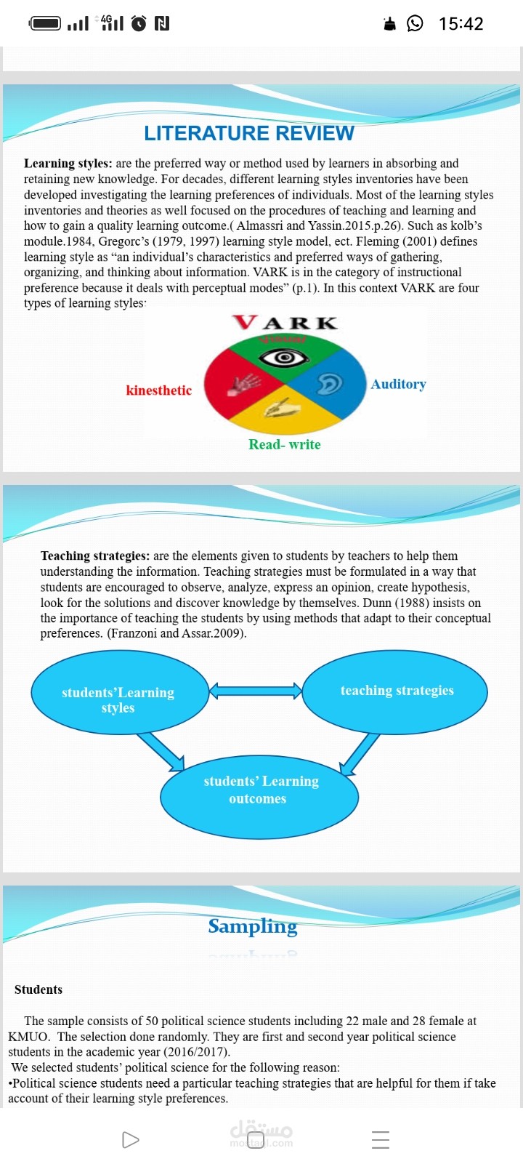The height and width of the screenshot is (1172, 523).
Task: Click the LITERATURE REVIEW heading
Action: pyautogui.click(x=249, y=134)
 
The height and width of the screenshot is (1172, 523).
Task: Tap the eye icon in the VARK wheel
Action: pyautogui.click(x=284, y=358)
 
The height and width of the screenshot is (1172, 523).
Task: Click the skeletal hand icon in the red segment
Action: pyautogui.click(x=244, y=384)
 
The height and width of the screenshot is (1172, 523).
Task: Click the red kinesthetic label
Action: pyautogui.click(x=159, y=390)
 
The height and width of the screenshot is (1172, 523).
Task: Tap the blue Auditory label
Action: pyautogui.click(x=399, y=385)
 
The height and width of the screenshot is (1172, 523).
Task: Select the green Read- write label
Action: pyautogui.click(x=285, y=444)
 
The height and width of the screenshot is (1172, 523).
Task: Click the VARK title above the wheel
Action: pyautogui.click(x=285, y=323)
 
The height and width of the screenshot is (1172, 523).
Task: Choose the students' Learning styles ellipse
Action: pyautogui.click(x=120, y=692)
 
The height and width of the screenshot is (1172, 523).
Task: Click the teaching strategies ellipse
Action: pyautogui.click(x=395, y=691)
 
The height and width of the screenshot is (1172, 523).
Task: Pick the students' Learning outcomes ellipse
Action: pyautogui.click(x=259, y=797)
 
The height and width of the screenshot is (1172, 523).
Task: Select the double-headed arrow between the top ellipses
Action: pyautogui.click(x=256, y=691)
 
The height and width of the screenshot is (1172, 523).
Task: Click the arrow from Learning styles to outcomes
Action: pyautogui.click(x=161, y=752)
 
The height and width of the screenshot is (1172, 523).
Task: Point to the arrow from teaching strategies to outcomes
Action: pyautogui.click(x=360, y=754)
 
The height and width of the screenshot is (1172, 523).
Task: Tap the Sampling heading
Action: pyautogui.click(x=253, y=926)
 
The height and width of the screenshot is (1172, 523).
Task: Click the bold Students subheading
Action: pyautogui.click(x=38, y=990)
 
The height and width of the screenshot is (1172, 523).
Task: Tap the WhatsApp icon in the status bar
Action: pyautogui.click(x=415, y=23)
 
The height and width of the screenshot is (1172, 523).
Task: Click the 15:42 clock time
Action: pyautogui.click(x=461, y=23)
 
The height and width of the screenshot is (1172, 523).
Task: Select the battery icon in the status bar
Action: pyautogui.click(x=45, y=23)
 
